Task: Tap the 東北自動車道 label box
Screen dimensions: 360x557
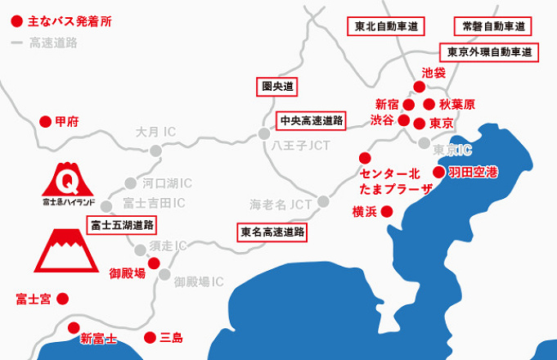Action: tap(386, 26)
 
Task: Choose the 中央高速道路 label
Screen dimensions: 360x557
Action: tap(311, 120)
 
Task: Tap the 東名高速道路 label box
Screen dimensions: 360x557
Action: tap(272, 232)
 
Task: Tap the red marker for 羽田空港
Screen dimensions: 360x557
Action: tap(439, 172)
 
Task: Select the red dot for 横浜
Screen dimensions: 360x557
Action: tap(387, 211)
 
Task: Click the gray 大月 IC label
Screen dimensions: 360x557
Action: tap(155, 131)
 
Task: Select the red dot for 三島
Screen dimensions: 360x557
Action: tap(150, 337)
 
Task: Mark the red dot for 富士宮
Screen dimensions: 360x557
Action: tap(62, 299)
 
